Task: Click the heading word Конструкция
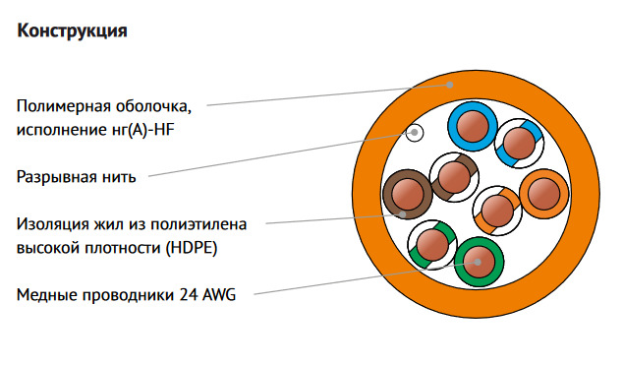[72, 31]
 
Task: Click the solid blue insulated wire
[473, 126]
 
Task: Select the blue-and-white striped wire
[519, 143]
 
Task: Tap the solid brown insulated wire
[407, 194]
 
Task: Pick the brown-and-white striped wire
[454, 177]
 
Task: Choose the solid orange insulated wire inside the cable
[544, 194]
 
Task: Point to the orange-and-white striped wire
[497, 211]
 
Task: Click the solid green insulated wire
[480, 262]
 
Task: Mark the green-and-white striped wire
[432, 245]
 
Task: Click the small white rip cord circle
[415, 133]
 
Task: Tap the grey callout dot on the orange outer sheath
[449, 85]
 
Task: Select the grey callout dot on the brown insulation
[403, 213]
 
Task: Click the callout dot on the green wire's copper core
[478, 263]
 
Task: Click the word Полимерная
[63, 106]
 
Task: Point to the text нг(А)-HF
[141, 130]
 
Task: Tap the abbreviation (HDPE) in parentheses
[192, 248]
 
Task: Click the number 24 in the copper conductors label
[189, 295]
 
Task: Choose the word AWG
[219, 295]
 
